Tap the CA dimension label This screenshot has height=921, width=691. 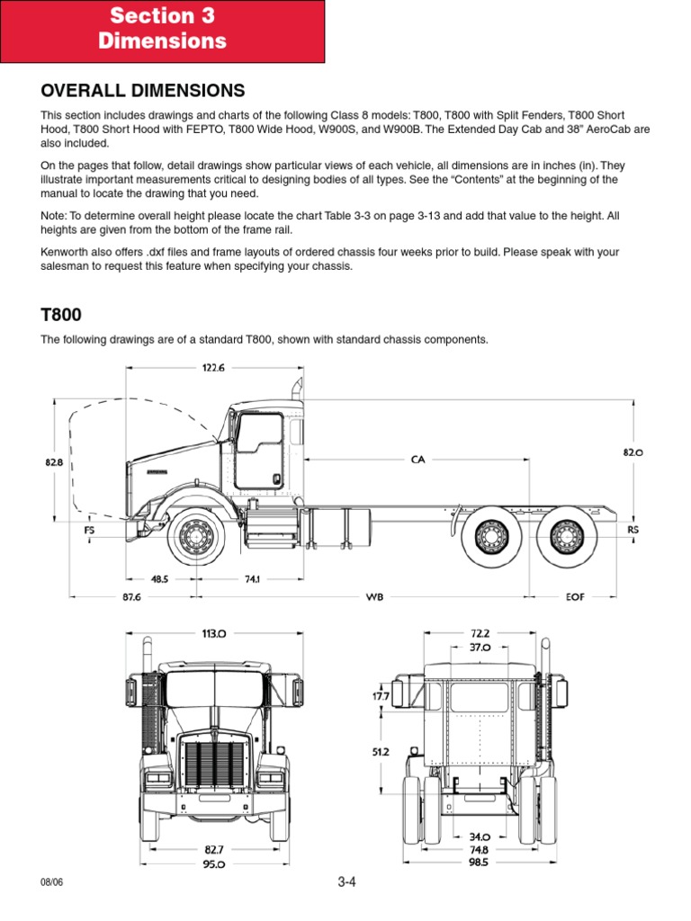tap(417, 460)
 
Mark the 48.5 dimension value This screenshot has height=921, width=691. tap(160, 579)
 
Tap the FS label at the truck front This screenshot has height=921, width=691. tap(90, 531)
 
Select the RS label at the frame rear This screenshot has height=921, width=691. tap(633, 531)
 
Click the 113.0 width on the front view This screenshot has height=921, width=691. tap(214, 633)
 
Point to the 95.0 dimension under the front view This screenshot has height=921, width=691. tap(214, 863)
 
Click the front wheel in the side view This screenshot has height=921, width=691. tap(193, 537)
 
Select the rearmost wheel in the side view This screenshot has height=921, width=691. tap(565, 537)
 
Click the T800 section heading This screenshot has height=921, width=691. tap(60, 315)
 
